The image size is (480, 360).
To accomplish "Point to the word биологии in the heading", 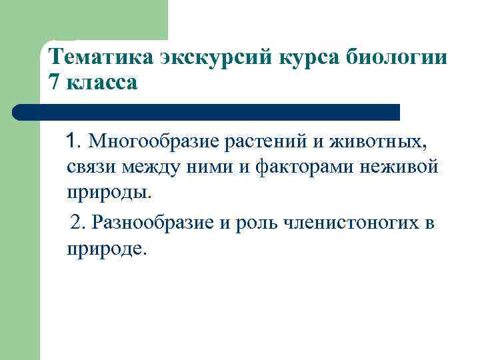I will (x=403, y=57).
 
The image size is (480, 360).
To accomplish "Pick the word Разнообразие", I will (x=153, y=222).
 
